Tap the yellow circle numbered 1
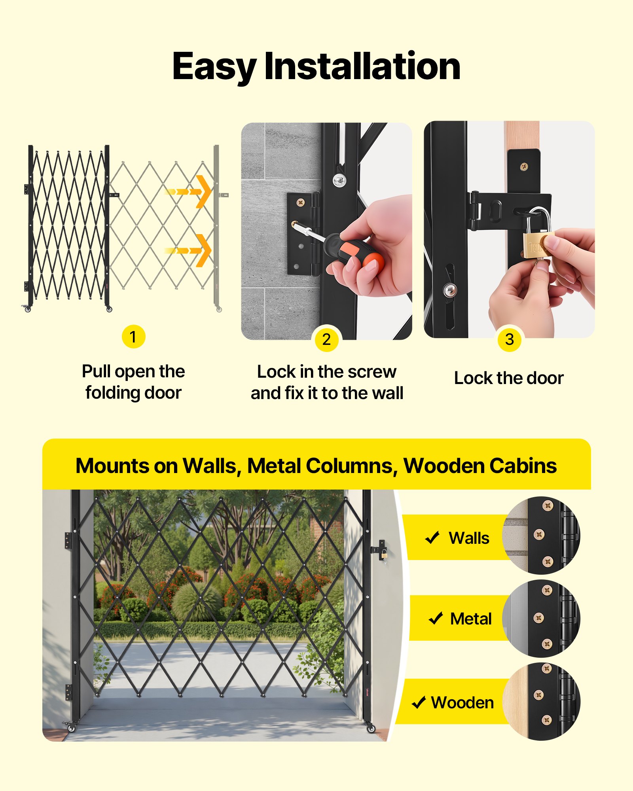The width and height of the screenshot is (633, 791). [x=133, y=337]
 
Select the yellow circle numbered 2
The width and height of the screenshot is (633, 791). [x=326, y=340]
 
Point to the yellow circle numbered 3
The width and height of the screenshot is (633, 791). [x=510, y=339]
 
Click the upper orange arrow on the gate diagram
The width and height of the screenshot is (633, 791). [x=190, y=191]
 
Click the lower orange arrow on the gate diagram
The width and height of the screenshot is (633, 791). [x=190, y=250]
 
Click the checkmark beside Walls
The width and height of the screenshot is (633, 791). [x=432, y=537]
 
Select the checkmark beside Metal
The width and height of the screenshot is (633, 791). [x=436, y=618]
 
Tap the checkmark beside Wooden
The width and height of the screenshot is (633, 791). [x=419, y=703]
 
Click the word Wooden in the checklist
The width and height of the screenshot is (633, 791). [x=462, y=703]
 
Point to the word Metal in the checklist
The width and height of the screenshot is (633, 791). [x=471, y=619]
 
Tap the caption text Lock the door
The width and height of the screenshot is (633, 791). [x=509, y=378]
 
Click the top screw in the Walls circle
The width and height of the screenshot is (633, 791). [x=548, y=505]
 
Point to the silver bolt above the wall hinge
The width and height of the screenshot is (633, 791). [x=339, y=180]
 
